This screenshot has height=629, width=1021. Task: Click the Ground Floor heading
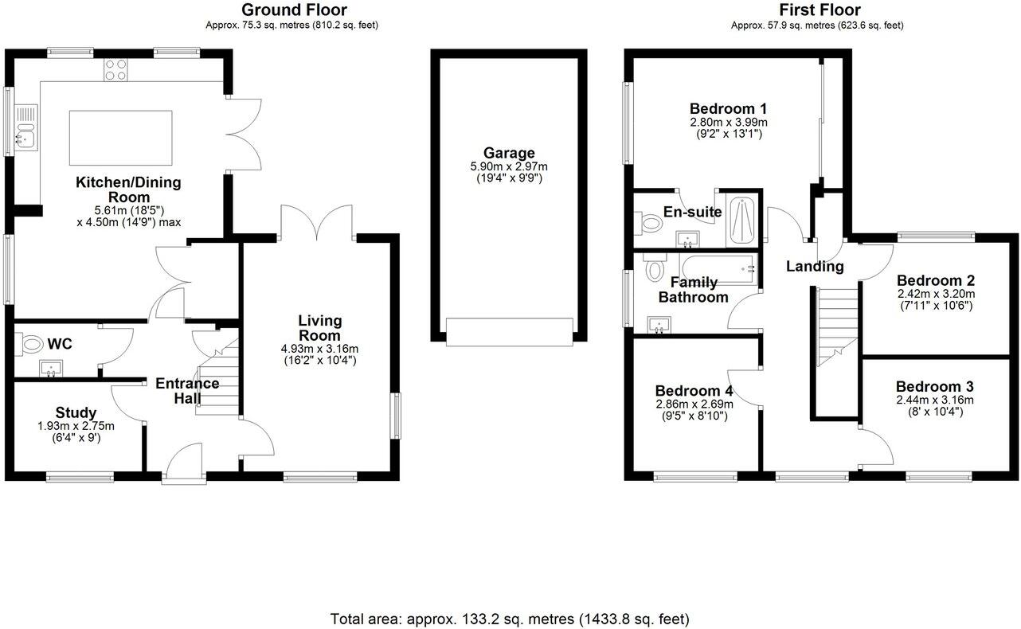pyautogui.click(x=294, y=10)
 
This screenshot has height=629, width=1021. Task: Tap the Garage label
pyautogui.click(x=509, y=153)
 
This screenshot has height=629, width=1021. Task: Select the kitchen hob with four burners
pyautogui.click(x=116, y=70)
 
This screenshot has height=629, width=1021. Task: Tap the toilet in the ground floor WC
pyautogui.click(x=32, y=345)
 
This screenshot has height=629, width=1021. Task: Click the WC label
pyautogui.click(x=60, y=344)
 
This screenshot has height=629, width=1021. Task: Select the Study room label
pyautogui.click(x=76, y=412)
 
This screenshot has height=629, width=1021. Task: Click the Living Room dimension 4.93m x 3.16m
pyautogui.click(x=319, y=348)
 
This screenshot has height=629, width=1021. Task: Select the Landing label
pyautogui.click(x=814, y=267)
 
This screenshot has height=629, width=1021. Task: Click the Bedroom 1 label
pyautogui.click(x=728, y=108)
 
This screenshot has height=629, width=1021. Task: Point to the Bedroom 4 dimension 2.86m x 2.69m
pyautogui.click(x=694, y=404)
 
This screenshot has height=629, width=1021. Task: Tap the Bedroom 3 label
pyautogui.click(x=935, y=387)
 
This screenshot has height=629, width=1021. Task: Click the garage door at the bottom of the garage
pyautogui.click(x=509, y=331)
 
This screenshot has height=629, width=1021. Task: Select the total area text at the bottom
pyautogui.click(x=510, y=619)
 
